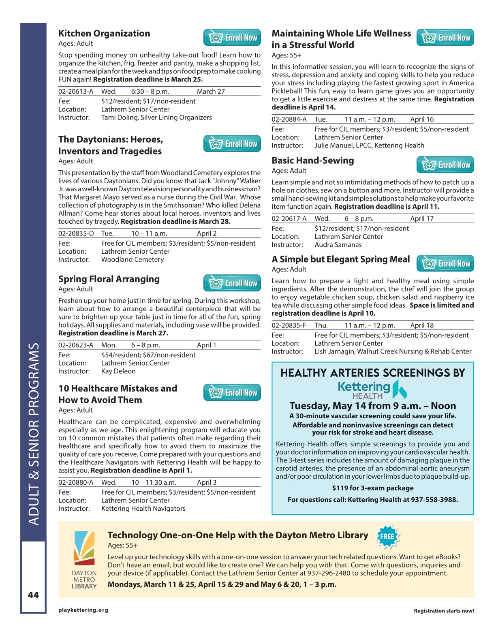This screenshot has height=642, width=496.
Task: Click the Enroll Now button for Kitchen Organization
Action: pos(232,38)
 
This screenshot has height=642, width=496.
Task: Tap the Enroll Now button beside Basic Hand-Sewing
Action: pos(445,165)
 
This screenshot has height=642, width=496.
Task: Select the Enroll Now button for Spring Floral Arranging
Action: pos(232,283)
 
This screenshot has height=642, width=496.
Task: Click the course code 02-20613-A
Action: pos(76,92)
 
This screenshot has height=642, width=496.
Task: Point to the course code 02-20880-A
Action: pos(76,482)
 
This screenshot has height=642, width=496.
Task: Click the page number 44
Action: pos(33,595)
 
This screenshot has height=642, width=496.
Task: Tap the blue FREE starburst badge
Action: pos(387,537)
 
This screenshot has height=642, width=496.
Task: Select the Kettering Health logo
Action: pos(372,389)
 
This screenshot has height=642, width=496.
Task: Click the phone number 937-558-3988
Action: pos(434,500)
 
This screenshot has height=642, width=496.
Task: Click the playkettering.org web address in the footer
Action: pos(83,610)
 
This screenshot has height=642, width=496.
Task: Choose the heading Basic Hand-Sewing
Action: pos(313,160)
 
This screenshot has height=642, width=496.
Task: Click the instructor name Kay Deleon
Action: pos(118,371)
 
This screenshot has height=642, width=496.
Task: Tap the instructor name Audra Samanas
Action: pos(338,245)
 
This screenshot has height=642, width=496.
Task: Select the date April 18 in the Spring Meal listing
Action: pos(422,325)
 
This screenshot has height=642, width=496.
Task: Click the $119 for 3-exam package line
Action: pos(373,488)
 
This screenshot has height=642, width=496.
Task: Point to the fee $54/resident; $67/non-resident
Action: pos(148,355)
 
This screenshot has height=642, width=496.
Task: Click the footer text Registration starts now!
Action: pos(444,611)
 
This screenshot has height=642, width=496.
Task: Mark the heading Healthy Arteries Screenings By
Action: pos(373,373)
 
